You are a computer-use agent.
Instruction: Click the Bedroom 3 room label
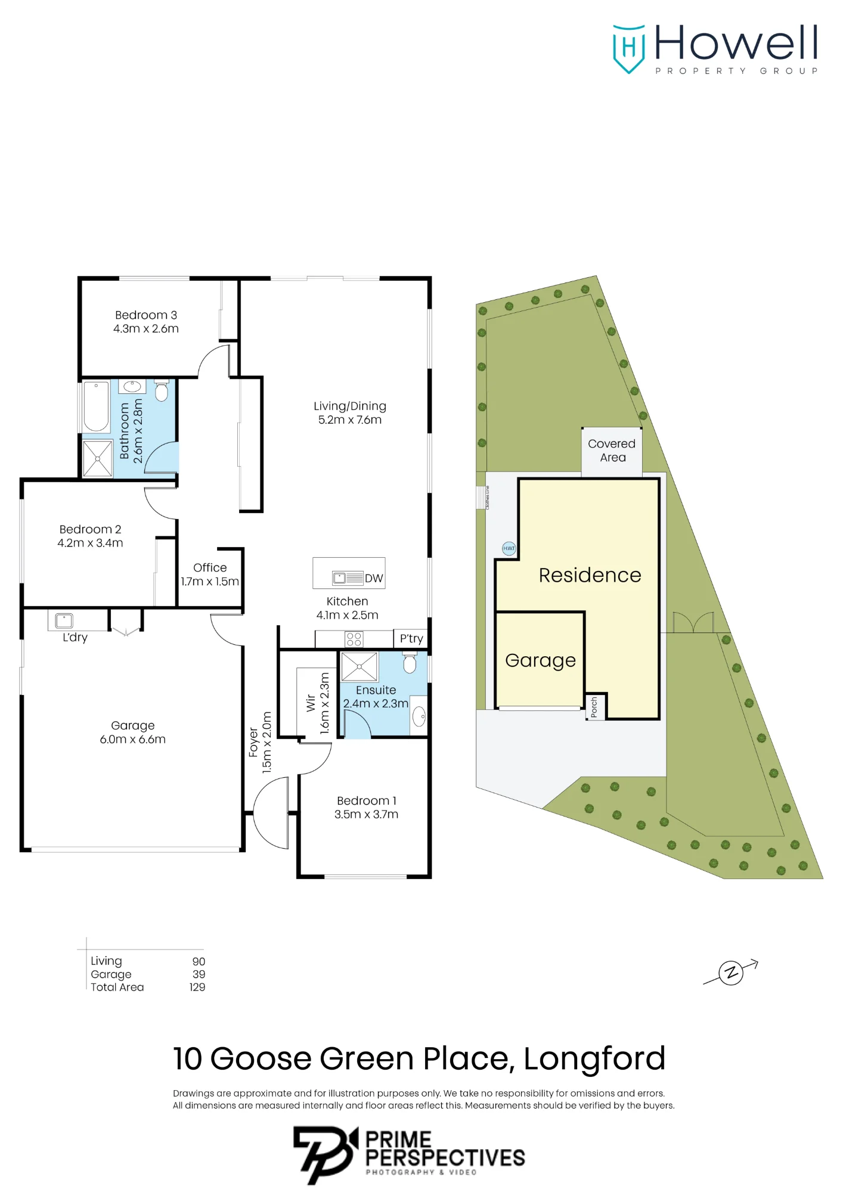146,315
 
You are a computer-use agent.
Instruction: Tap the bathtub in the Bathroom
96,406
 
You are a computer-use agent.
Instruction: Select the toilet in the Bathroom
161,390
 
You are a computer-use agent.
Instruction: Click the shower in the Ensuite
359,666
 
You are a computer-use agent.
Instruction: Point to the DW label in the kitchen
374,578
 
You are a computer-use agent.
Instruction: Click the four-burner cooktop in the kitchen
354,640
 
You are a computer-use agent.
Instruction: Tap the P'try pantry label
411,638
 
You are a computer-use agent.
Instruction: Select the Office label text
210,567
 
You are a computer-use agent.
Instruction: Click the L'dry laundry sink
64,620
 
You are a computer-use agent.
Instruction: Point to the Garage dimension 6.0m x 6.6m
133,739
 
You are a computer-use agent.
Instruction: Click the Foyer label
253,742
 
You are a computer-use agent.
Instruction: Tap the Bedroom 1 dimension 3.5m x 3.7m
366,814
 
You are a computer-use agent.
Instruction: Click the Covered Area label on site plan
612,451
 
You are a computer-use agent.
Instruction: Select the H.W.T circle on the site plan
509,548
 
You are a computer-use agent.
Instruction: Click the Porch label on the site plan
594,707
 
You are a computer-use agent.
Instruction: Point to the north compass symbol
731,973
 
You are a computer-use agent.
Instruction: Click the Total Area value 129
197,987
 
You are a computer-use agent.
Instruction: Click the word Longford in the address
594,1058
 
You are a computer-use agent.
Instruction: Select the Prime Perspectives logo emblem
325,1154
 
